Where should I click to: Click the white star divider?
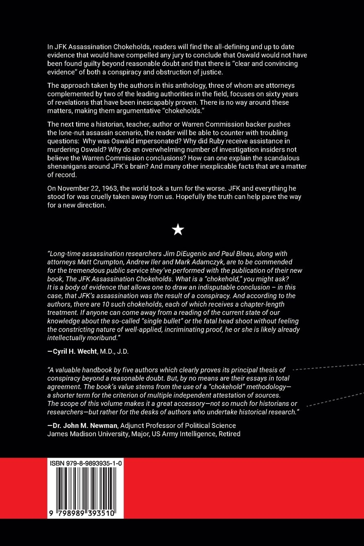(178, 230)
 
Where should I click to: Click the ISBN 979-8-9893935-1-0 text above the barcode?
(86, 463)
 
